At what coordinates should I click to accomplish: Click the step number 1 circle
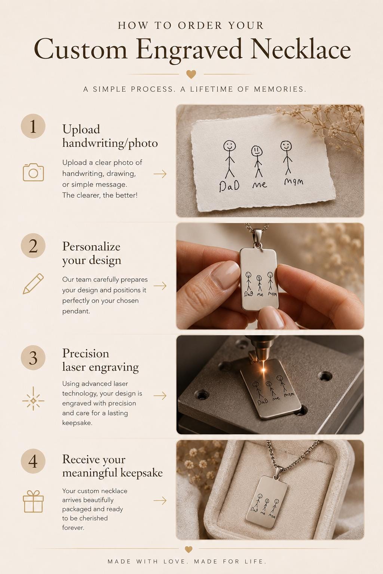[x=33, y=126]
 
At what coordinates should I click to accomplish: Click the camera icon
[x=33, y=172]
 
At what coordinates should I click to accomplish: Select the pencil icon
[x=33, y=284]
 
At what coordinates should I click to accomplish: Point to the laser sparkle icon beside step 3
[x=33, y=401]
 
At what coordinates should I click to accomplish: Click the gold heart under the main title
[x=191, y=74]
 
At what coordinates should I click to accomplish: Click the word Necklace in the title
[x=301, y=50]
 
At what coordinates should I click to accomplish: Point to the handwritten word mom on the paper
[x=294, y=181]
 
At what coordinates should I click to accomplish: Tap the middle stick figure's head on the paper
[x=257, y=151]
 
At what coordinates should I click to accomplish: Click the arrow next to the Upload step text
[x=160, y=174]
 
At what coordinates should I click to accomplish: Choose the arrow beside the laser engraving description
[x=160, y=396]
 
